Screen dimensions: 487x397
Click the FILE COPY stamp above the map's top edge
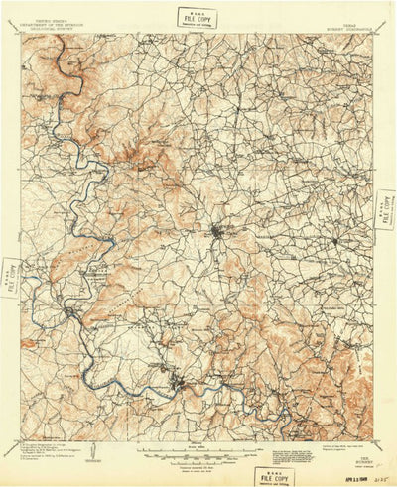(x=198, y=15)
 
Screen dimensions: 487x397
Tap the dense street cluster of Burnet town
(x=217, y=233)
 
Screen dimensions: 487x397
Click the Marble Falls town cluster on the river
(x=179, y=381)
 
